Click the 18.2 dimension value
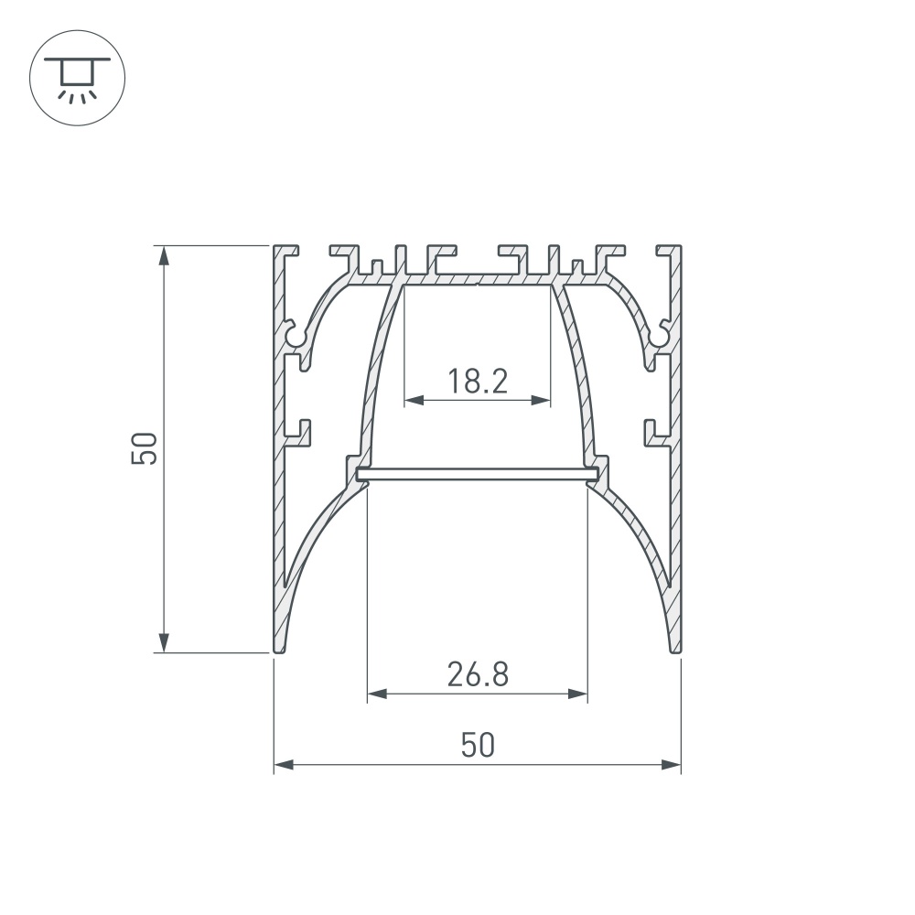point(477,380)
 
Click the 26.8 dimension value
point(478,675)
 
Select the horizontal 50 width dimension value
point(478,745)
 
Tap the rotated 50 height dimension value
point(145,449)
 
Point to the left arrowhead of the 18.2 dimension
point(412,400)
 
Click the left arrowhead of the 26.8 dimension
point(375,694)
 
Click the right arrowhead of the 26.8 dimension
point(578,694)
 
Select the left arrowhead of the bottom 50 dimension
point(283,764)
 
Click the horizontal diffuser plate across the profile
point(477,473)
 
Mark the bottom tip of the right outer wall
point(676,649)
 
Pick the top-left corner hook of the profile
point(286,250)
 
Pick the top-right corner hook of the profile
point(669,250)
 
